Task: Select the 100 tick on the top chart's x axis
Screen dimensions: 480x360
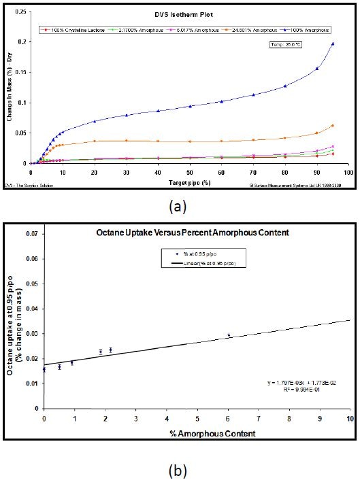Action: click(x=348, y=172)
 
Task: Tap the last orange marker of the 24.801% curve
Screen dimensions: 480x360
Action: click(x=333, y=126)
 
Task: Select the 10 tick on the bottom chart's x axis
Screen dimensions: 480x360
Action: click(x=350, y=418)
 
